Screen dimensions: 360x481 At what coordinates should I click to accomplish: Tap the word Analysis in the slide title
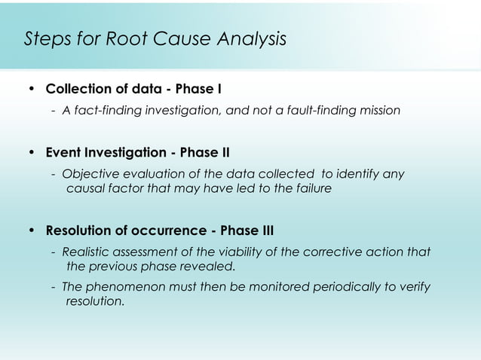tap(252, 39)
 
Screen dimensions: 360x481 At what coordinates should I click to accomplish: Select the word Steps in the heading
tap(47, 39)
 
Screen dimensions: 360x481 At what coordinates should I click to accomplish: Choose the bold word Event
tap(63, 154)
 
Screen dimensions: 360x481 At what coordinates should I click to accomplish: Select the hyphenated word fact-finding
tap(106, 111)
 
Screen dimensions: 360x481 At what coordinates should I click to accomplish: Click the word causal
tap(86, 189)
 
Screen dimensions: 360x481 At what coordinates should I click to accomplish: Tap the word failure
tap(311, 189)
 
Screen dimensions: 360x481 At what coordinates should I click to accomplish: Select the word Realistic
tap(87, 252)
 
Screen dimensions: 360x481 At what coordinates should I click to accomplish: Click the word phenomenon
tap(124, 287)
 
